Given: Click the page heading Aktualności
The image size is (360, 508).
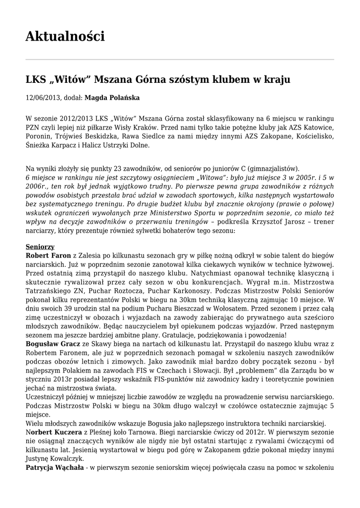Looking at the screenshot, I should pos(65,36).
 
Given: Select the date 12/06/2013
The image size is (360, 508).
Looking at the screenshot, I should pos(43,98).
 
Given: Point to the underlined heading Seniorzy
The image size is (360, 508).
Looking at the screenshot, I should pos(40,246).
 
